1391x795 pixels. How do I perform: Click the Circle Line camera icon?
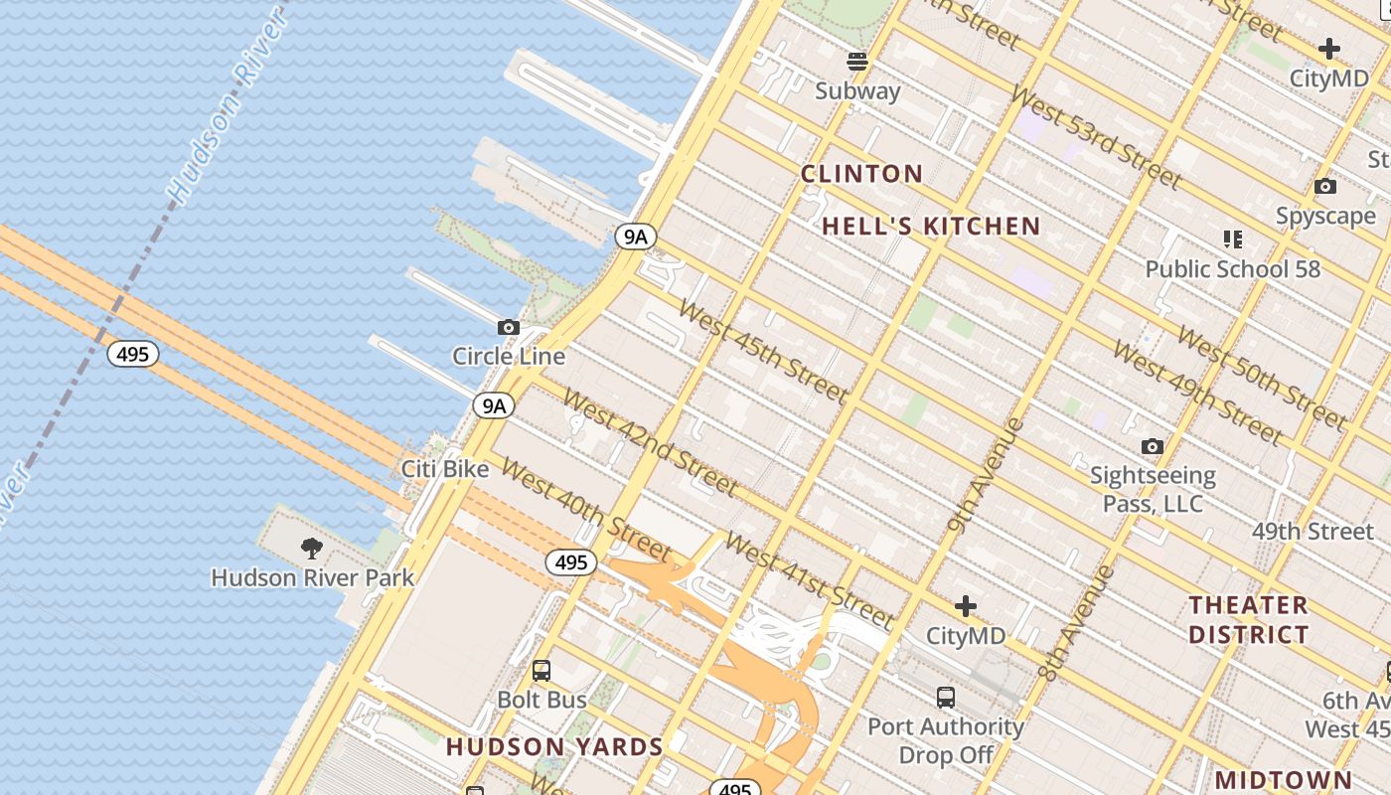tap(509, 327)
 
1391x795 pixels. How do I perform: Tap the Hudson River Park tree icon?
tap(312, 548)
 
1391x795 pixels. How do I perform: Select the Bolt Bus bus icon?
tap(541, 670)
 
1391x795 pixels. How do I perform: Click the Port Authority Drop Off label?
tap(945, 740)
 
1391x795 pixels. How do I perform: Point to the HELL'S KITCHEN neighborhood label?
tap(931, 227)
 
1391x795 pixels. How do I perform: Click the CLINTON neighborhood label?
tap(861, 174)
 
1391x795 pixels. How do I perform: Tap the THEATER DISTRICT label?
tap(1248, 619)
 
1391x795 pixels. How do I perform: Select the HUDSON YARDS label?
tap(554, 747)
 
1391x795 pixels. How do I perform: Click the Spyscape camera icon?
tap(1324, 187)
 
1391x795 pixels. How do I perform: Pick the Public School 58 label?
tap(1232, 269)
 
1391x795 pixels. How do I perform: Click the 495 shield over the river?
tap(133, 354)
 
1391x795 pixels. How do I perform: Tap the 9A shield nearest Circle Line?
tap(494, 405)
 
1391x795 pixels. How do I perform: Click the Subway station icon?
tap(857, 62)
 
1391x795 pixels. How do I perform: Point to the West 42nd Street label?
tap(650, 442)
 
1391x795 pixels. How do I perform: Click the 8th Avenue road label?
tap(1077, 623)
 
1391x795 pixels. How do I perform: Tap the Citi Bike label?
tap(444, 468)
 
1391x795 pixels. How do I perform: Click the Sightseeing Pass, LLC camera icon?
tap(1152, 447)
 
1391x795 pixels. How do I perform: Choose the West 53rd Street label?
tap(1096, 138)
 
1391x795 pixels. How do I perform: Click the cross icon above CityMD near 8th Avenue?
tap(965, 606)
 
